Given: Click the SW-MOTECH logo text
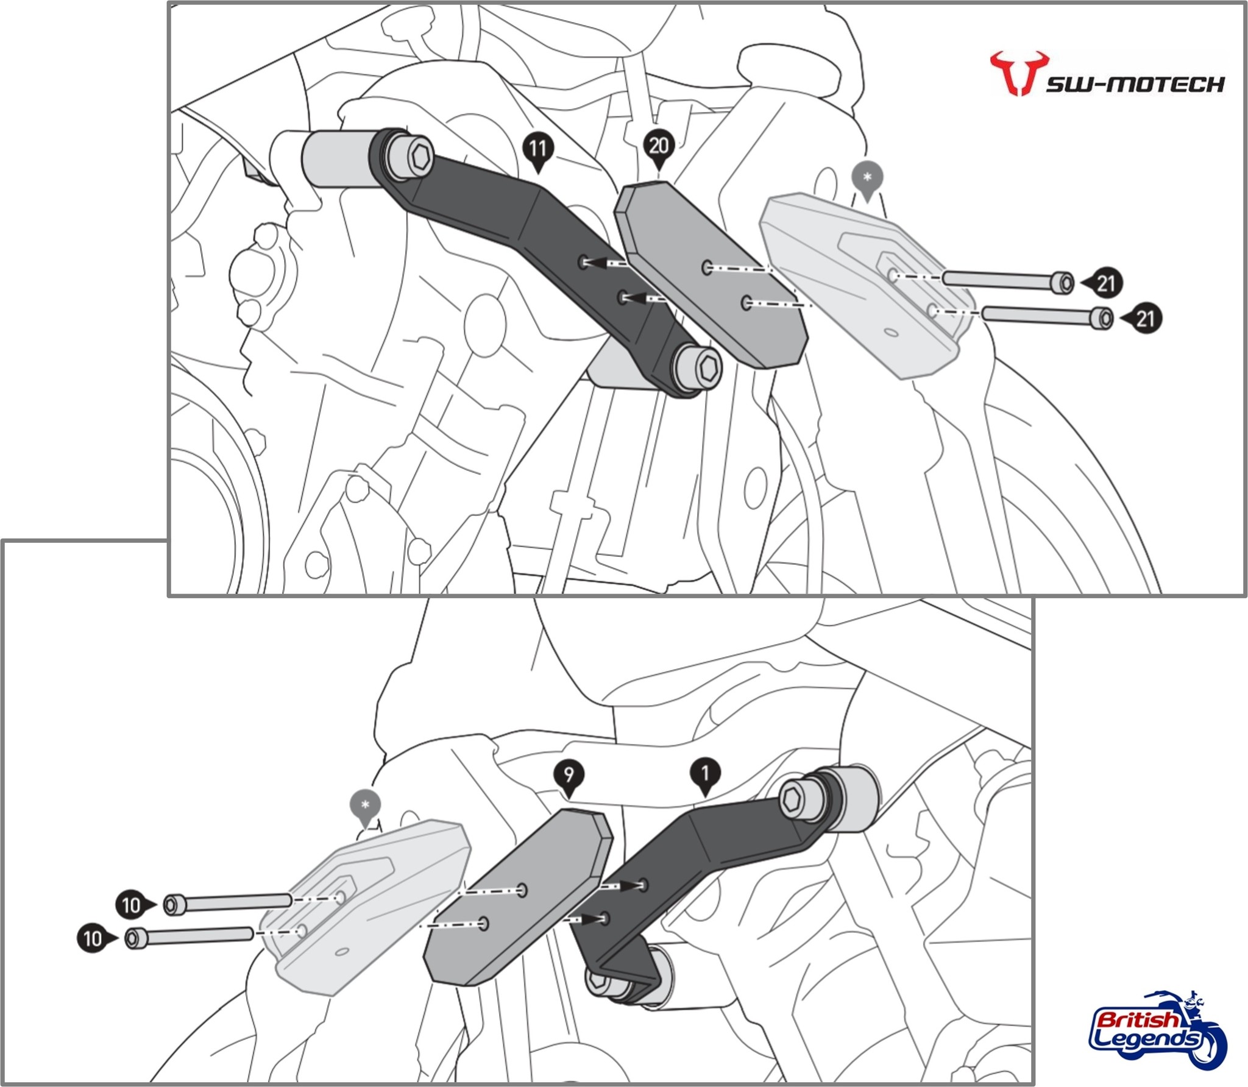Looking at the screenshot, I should [1135, 84].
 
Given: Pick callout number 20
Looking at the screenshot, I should [658, 147].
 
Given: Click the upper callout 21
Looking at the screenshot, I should [1105, 283].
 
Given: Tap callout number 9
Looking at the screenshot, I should [568, 776].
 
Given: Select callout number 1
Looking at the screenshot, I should [705, 774].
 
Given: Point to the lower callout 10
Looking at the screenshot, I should [93, 938].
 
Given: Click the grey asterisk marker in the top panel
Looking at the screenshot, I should [868, 177].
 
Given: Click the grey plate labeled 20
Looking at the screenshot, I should [710, 274].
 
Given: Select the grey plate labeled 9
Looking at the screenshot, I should [518, 902].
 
